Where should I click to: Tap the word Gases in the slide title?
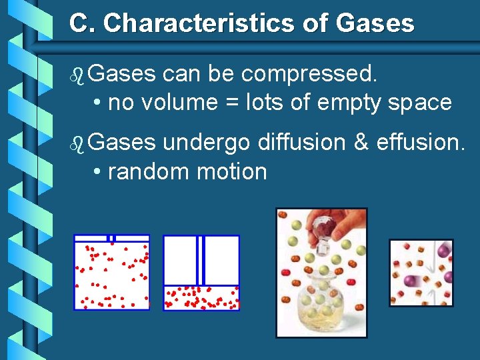(x=375, y=24)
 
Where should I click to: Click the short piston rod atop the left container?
(x=112, y=238)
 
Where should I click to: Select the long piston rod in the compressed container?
(x=201, y=260)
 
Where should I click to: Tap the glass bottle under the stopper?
(x=323, y=300)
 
